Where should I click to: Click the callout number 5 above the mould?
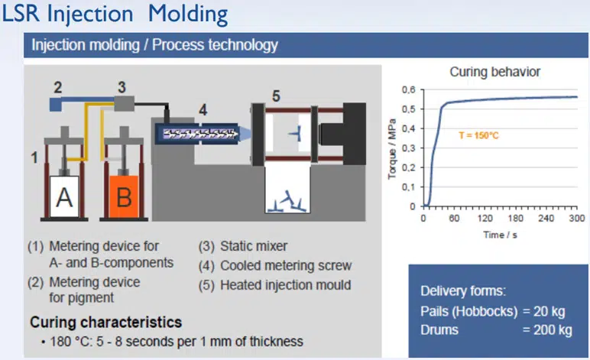pyautogui.click(x=277, y=96)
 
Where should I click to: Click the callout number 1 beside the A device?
pyautogui.click(x=34, y=158)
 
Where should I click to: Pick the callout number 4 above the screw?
pyautogui.click(x=203, y=109)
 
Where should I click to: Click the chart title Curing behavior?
pyautogui.click(x=494, y=72)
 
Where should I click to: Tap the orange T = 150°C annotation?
pyautogui.click(x=478, y=135)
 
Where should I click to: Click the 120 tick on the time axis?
pyautogui.click(x=485, y=219)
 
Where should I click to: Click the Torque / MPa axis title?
pyautogui.click(x=393, y=148)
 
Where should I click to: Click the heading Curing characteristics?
pyautogui.click(x=105, y=322)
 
